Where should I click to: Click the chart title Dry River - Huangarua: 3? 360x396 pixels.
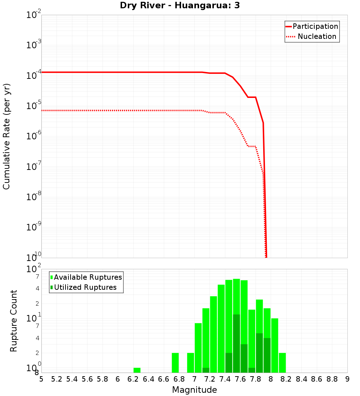[180, 5]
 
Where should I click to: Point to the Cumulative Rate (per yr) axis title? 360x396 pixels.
[6, 136]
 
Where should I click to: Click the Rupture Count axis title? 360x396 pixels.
[14, 321]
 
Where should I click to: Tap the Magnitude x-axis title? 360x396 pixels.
[194, 390]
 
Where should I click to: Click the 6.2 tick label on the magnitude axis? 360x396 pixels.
[133, 379]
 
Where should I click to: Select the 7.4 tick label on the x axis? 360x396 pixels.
[225, 379]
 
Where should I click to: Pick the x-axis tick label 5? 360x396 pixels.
[41, 379]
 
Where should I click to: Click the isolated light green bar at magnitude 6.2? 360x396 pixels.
[137, 370]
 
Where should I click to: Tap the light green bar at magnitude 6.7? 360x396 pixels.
[175, 363]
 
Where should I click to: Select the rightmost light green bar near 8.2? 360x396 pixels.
[282, 363]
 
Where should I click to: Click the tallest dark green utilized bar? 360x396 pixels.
[237, 343]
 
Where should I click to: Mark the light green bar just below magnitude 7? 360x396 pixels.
[190, 363]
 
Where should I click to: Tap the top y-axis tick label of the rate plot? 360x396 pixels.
[34, 15]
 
